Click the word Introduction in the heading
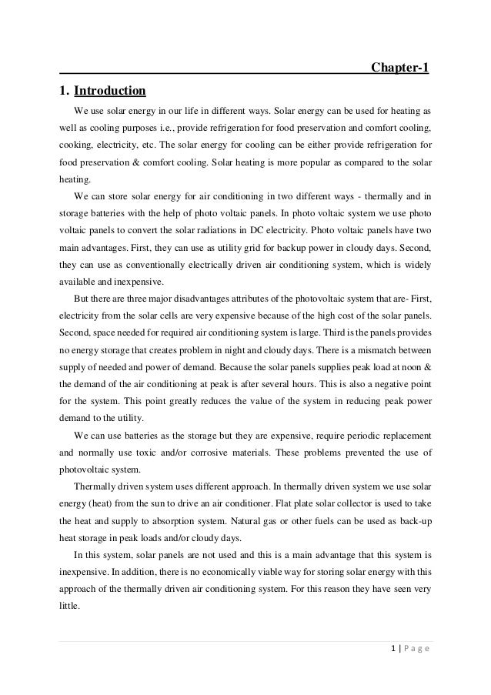[109, 92]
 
